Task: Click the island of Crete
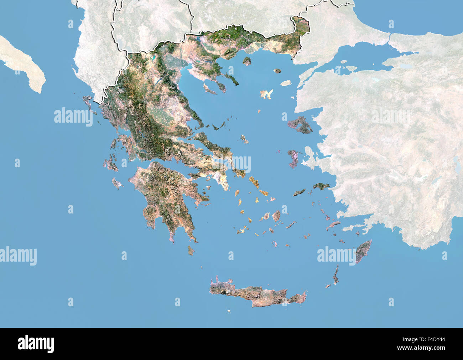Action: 256,294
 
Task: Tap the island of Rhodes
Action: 363,251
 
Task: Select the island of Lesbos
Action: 300,125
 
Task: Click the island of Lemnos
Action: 266,94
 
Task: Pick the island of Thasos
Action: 247,61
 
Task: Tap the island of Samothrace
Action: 277,71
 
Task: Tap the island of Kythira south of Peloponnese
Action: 191,250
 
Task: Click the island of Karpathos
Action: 335,275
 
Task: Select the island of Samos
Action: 321,186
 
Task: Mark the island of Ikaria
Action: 300,192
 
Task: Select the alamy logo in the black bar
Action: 36,344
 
